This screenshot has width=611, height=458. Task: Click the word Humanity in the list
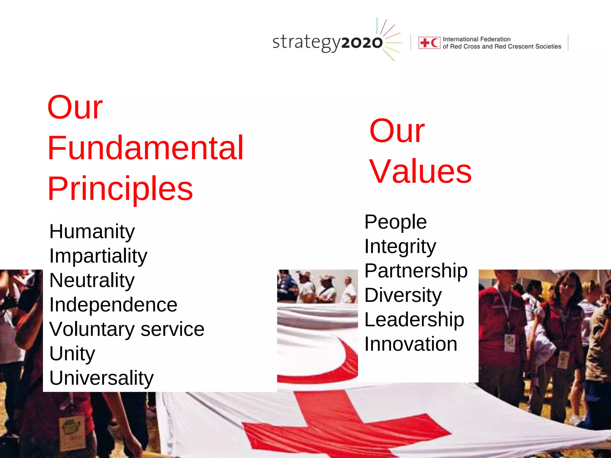click(x=92, y=232)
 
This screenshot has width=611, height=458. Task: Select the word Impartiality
click(x=98, y=256)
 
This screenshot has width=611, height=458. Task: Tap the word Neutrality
click(x=92, y=281)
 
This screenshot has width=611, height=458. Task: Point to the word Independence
click(x=113, y=305)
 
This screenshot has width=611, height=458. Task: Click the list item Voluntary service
click(x=127, y=329)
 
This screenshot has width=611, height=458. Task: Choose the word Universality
click(x=101, y=378)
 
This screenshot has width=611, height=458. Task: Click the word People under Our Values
click(x=396, y=222)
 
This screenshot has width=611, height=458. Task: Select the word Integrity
click(x=400, y=247)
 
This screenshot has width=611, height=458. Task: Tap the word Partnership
click(x=416, y=271)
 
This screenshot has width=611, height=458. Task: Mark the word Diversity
click(x=403, y=295)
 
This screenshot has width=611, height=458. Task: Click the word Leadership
click(x=414, y=320)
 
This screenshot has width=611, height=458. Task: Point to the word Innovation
click(x=411, y=344)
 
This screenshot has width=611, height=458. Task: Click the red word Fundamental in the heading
click(x=146, y=148)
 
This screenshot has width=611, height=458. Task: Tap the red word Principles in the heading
click(x=120, y=189)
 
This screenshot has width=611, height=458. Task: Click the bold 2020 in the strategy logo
click(x=362, y=43)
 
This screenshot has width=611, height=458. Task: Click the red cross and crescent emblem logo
click(x=429, y=43)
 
